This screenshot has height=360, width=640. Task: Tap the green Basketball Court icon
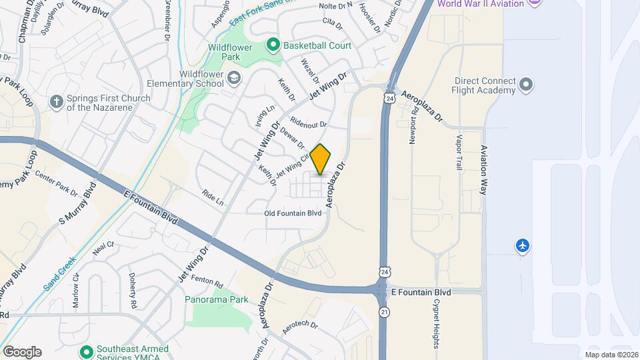point(273,45)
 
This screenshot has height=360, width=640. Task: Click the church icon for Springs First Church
point(57,102)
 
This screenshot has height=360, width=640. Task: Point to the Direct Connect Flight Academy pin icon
point(527,85)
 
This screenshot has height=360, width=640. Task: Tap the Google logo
point(22,352)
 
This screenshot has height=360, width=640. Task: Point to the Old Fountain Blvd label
point(293,213)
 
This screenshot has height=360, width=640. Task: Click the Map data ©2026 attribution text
point(610,355)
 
